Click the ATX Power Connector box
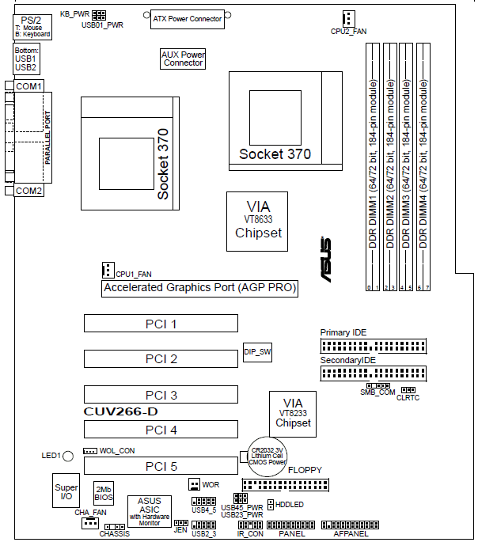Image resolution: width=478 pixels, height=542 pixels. (188, 19)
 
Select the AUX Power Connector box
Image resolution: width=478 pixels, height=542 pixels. (183, 59)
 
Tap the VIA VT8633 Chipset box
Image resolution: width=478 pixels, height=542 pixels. (254, 221)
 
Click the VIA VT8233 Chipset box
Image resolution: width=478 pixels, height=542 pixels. (293, 413)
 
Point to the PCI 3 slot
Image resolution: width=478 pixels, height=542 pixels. (161, 394)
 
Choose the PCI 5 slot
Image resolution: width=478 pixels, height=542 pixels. (161, 466)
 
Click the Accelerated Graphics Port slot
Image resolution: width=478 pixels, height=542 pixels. (199, 288)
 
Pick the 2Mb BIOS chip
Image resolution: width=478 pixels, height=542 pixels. (104, 494)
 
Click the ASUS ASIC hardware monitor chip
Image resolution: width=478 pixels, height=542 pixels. (149, 511)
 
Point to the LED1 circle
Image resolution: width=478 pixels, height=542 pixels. (68, 457)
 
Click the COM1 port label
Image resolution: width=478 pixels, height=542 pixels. (29, 85)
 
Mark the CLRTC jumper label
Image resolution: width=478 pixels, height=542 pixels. (408, 398)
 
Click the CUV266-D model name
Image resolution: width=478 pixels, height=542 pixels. (118, 412)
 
